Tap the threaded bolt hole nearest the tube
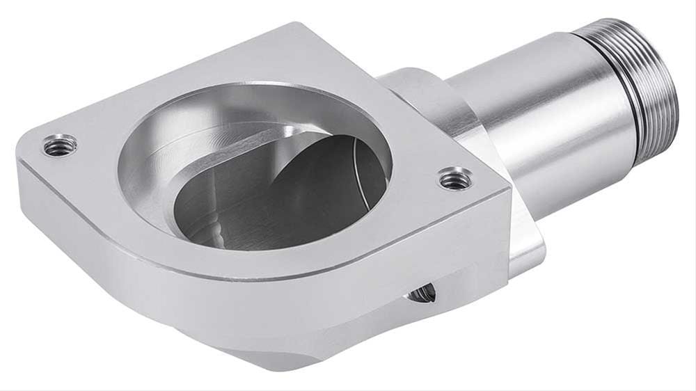tap(455, 179)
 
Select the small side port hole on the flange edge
tap(422, 294)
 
